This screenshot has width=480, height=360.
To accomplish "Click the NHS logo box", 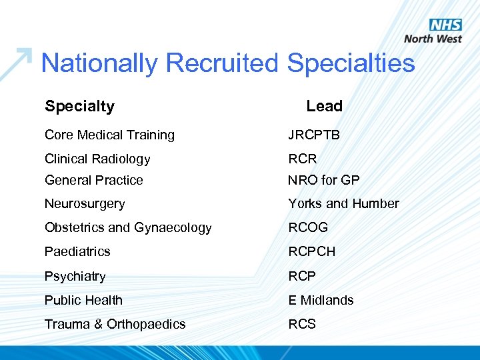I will tap(445, 25).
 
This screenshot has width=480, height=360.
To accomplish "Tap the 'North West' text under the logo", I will tap(433, 39).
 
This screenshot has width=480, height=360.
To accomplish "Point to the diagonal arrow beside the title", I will tap(16, 63).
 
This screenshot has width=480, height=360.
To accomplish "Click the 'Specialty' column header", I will tap(79, 106).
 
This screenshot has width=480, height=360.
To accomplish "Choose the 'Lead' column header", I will tap(324, 106).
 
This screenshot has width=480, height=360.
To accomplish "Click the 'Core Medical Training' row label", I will tap(109, 135).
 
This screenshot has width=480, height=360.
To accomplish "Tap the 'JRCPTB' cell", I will tap(314, 135).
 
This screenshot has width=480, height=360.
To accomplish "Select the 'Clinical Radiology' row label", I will tap(97, 159).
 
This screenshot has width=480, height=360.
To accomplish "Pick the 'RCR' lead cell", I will tap(303, 159).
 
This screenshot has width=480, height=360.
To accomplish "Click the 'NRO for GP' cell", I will tap(323, 180).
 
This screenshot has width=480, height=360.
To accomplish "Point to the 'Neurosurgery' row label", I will tap(85, 204).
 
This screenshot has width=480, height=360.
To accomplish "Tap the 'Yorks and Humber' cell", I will tap(343, 204).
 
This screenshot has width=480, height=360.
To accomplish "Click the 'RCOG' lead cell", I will tap(308, 227).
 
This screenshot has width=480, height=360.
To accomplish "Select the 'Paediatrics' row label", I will tap(77, 251).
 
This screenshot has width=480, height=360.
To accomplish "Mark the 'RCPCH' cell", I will tap(312, 251).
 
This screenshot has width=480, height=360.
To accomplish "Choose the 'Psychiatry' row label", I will tap(75, 276).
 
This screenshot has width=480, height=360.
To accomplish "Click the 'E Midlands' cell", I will tap(321, 300).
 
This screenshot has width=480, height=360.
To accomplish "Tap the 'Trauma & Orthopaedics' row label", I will tap(115, 324).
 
